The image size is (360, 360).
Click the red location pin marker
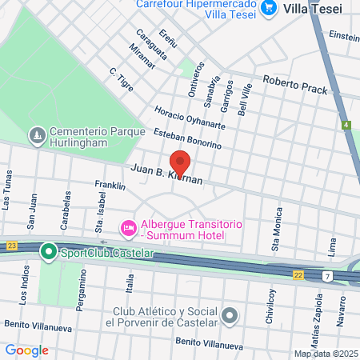pos(180,163)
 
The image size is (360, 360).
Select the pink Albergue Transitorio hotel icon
pos(128,229)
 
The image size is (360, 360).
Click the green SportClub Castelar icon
pos(49,254)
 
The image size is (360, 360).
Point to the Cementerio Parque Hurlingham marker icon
pos(36,137)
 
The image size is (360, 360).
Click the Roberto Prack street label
pos(295,86)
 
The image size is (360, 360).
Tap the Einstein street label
pos(343,37)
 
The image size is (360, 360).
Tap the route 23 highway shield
pos(10,246)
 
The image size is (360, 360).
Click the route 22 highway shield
pos(298,274)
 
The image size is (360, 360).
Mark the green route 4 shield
pos(346,126)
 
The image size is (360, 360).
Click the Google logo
pos(26,350)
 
